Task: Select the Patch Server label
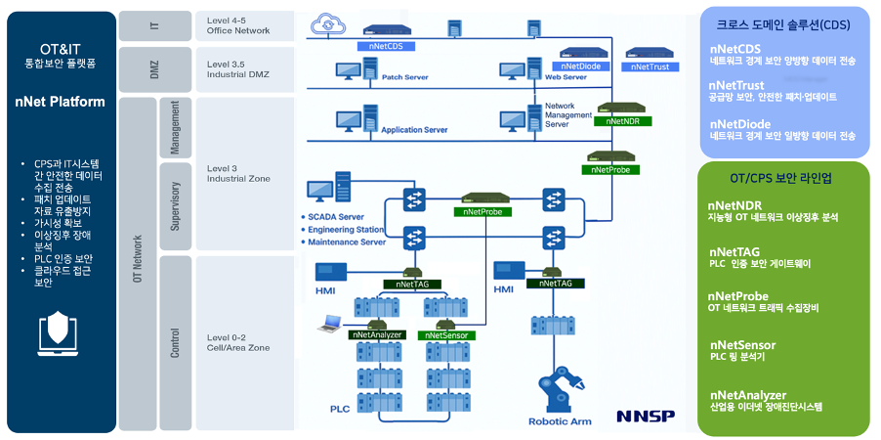pyautogui.click(x=403, y=76)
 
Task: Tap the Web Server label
pyautogui.click(x=565, y=76)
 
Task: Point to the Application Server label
pyautogui.click(x=414, y=129)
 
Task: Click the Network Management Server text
pyautogui.click(x=567, y=115)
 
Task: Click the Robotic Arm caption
pyautogui.click(x=561, y=422)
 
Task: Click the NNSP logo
pyautogui.click(x=645, y=417)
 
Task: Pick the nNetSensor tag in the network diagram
pyautogui.click(x=446, y=335)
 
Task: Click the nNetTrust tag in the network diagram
pyautogui.click(x=650, y=66)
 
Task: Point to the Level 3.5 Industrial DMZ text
pyautogui.click(x=237, y=69)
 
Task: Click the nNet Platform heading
pyautogui.click(x=60, y=102)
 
